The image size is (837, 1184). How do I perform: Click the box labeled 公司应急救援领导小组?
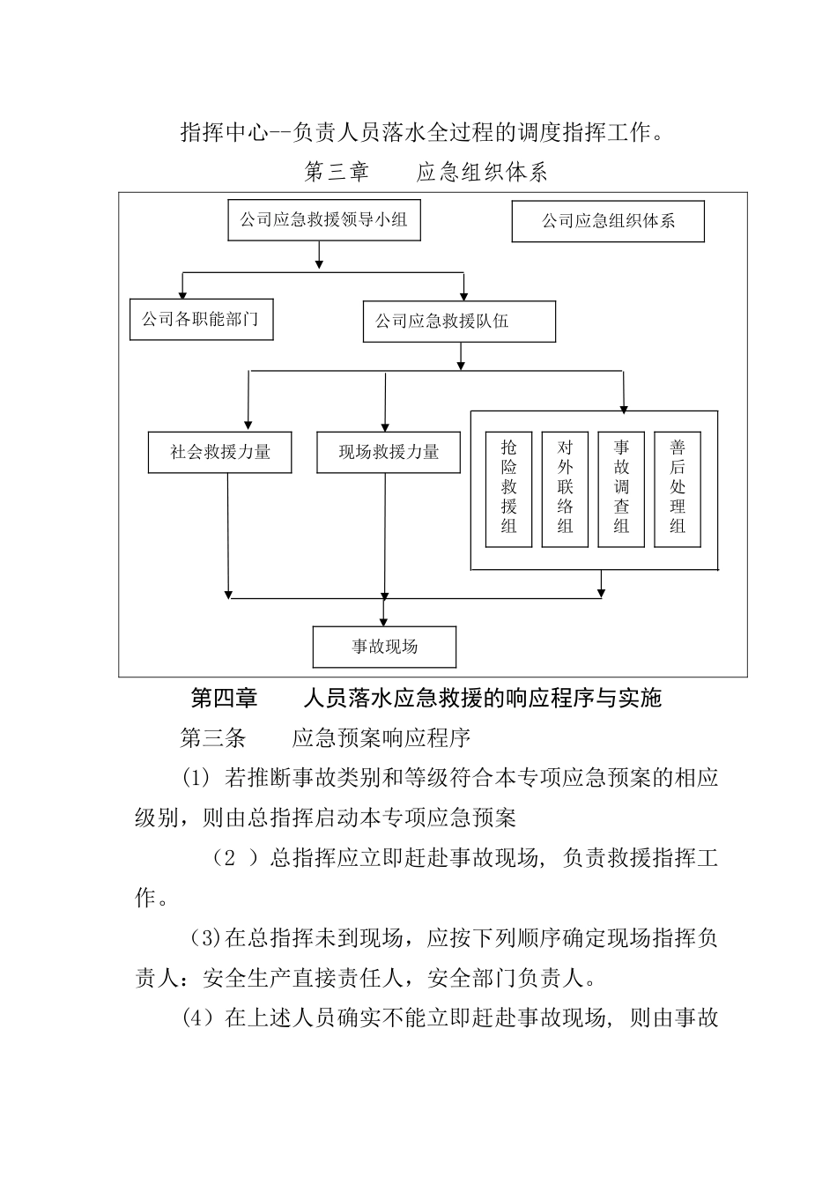tap(323, 220)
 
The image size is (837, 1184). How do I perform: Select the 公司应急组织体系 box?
tap(608, 221)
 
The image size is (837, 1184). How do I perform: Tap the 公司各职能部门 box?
tap(201, 319)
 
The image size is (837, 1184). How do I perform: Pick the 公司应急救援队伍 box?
tap(459, 322)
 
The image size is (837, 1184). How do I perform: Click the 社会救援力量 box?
tap(220, 453)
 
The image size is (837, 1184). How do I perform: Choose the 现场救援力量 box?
tap(389, 453)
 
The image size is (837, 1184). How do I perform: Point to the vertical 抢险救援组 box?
tap(509, 489)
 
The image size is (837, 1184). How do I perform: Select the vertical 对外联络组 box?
tap(566, 489)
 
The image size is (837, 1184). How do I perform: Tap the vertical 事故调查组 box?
tap(621, 489)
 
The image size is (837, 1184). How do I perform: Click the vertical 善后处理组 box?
tap(677, 489)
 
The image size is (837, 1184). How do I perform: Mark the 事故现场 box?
tap(385, 647)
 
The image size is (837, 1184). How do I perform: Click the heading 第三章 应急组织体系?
tap(426, 172)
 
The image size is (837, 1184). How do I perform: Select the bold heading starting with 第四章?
tap(426, 699)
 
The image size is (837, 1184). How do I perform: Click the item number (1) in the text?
tap(196, 778)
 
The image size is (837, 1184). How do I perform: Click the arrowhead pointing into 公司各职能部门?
tap(182, 294)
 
